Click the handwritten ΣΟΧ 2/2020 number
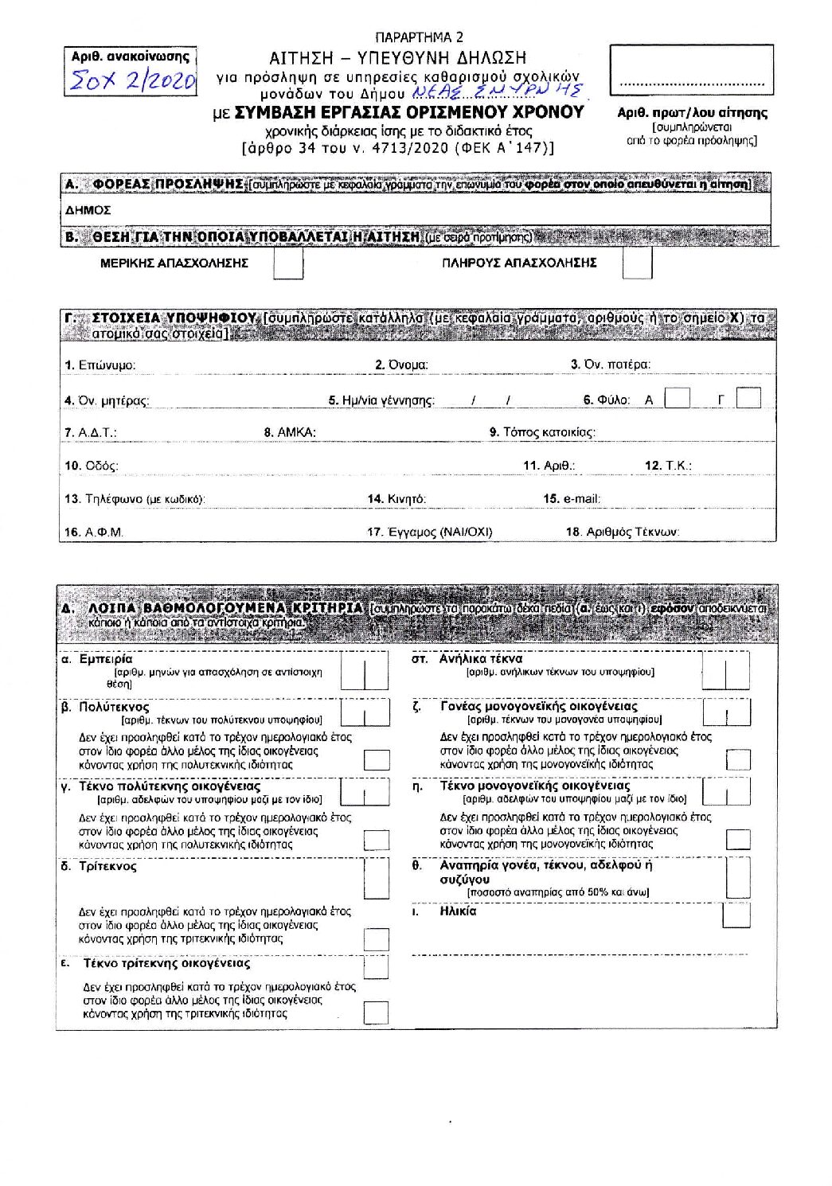(131, 81)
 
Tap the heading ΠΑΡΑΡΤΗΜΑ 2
(419, 37)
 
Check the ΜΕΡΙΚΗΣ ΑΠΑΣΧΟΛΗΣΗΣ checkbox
(288, 263)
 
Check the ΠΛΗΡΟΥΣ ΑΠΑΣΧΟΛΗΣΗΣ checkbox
(637, 263)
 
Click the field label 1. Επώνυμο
(100, 365)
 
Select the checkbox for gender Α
(677, 398)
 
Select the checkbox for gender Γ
(748, 398)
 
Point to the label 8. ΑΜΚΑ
(290, 432)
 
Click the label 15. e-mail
(572, 499)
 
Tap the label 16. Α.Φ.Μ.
(94, 533)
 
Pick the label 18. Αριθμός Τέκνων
(623, 533)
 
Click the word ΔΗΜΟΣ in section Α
(88, 211)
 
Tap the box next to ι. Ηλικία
(736, 916)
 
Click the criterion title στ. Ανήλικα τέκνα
(467, 659)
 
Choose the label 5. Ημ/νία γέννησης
(381, 400)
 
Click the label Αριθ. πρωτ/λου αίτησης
(692, 113)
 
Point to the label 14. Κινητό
(396, 499)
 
